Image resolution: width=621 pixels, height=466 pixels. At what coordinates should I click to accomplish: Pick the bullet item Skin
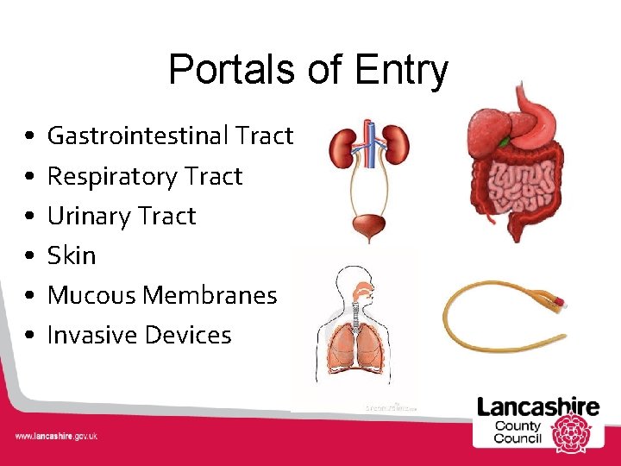coord(72,255)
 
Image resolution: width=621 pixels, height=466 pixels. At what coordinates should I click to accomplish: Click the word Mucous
coord(92,295)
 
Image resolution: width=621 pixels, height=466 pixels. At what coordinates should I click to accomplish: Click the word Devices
coord(191,335)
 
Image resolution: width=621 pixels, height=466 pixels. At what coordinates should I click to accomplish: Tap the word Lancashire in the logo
coord(538,406)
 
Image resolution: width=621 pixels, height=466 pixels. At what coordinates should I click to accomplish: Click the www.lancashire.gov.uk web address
coord(56,436)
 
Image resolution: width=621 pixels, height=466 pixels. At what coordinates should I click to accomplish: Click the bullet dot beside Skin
coord(30,256)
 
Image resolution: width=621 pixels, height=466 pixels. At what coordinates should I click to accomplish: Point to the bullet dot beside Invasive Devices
coord(30,336)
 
